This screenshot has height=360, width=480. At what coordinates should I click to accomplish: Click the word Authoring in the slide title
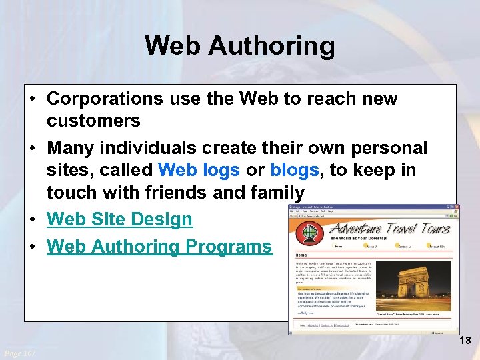[271, 46]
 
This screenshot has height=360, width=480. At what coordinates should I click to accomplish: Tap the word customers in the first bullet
[93, 121]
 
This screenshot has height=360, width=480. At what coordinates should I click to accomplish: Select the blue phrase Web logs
[199, 170]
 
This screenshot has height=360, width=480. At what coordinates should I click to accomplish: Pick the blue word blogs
[295, 170]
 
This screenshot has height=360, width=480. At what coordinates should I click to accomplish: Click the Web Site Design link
[119, 219]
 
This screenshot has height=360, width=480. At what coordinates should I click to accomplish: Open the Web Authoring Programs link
[159, 246]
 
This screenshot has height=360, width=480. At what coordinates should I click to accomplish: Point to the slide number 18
[465, 341]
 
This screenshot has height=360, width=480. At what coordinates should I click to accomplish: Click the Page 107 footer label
[19, 352]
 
